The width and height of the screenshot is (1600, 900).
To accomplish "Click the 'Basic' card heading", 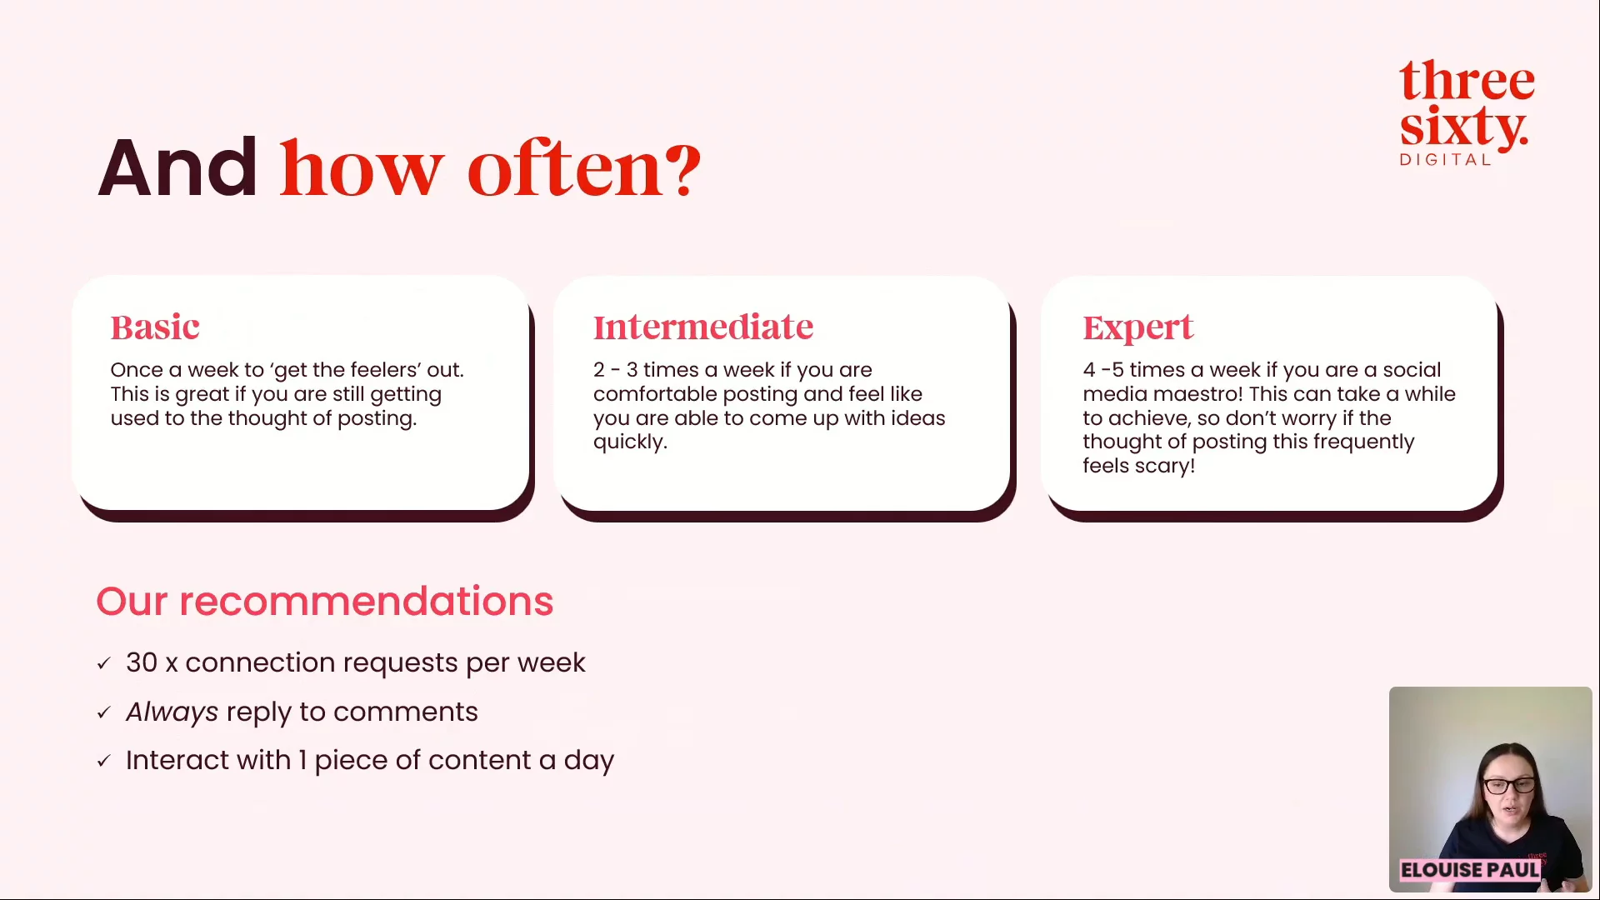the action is point(155,327).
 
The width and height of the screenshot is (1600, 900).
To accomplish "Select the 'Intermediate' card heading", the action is point(702,327).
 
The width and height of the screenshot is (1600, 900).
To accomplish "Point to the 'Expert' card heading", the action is point(1137,328).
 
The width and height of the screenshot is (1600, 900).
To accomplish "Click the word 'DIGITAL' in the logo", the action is point(1445,159).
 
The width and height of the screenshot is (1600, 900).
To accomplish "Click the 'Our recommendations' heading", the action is point(325,601).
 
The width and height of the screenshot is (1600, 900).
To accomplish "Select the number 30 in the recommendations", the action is point(142,662).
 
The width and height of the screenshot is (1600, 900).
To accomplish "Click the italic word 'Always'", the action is point(172,712).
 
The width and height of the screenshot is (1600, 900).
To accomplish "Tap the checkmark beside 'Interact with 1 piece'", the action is point(104,761).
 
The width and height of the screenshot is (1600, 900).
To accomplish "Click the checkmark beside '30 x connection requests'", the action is point(104,663).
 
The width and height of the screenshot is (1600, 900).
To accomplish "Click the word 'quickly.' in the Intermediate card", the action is point(630,442).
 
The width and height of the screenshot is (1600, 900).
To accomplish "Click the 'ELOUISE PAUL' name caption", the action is point(1470,870).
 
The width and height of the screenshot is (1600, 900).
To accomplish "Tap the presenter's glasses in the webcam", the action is point(1507,785).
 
